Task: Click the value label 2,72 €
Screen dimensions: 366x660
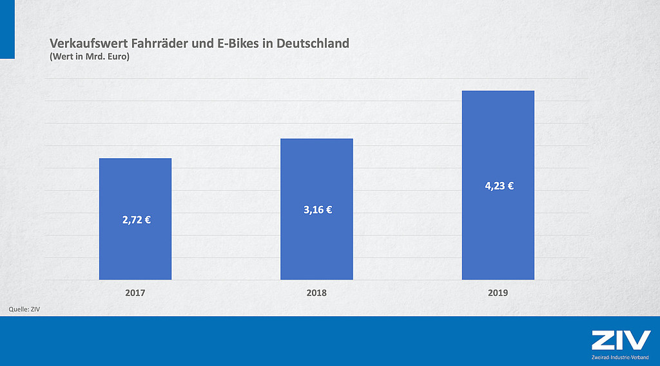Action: pos(136,219)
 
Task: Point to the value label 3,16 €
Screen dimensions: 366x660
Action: pos(318,210)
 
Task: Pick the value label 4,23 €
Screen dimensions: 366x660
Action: pos(499,186)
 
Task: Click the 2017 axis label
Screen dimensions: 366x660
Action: pos(135,292)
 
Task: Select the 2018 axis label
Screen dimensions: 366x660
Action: pos(316,292)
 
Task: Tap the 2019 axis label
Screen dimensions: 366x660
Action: pos(498,292)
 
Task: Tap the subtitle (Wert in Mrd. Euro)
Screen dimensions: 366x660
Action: pos(90,57)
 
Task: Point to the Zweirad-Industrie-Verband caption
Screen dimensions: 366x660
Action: pos(621,357)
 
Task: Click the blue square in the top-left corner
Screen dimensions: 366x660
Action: pos(7,29)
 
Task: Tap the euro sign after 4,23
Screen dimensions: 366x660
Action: pos(510,186)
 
